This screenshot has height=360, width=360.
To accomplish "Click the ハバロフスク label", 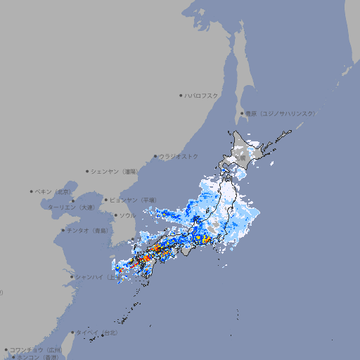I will tap(202, 95).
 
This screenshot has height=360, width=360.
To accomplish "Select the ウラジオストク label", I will tap(179, 156).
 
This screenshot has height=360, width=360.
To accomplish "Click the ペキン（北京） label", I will tap(54, 191).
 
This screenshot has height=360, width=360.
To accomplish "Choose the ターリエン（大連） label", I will tap(71, 207).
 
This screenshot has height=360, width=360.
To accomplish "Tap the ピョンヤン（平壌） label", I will tap(134, 200).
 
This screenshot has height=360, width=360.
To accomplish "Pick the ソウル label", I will tap(127, 215).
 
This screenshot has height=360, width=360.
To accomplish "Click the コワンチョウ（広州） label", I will tap(36, 349).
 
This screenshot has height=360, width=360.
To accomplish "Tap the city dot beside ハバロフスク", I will tap(181, 95).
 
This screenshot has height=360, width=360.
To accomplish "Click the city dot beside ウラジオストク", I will tap(155, 156).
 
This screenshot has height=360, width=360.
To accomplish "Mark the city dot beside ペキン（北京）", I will tap(32, 191).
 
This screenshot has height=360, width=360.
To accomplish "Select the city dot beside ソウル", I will tap(115, 215).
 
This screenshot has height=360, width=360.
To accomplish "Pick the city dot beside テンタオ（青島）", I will tap(63, 230).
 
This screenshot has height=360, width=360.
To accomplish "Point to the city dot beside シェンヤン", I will tap(87, 171).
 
